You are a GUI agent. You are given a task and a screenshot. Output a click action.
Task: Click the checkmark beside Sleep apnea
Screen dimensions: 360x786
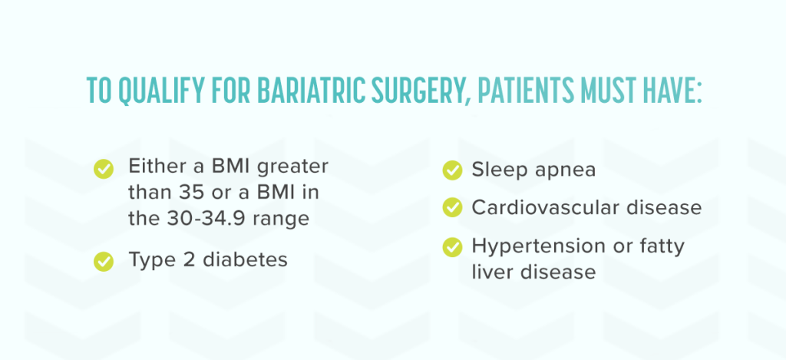(453, 170)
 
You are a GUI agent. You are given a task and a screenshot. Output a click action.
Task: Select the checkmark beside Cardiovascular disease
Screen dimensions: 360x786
(453, 207)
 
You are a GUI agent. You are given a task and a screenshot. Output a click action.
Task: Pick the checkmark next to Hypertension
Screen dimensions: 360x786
(453, 246)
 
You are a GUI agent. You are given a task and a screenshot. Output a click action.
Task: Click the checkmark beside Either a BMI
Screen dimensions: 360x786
(103, 167)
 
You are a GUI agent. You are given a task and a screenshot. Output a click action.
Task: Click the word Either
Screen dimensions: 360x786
(157, 167)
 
